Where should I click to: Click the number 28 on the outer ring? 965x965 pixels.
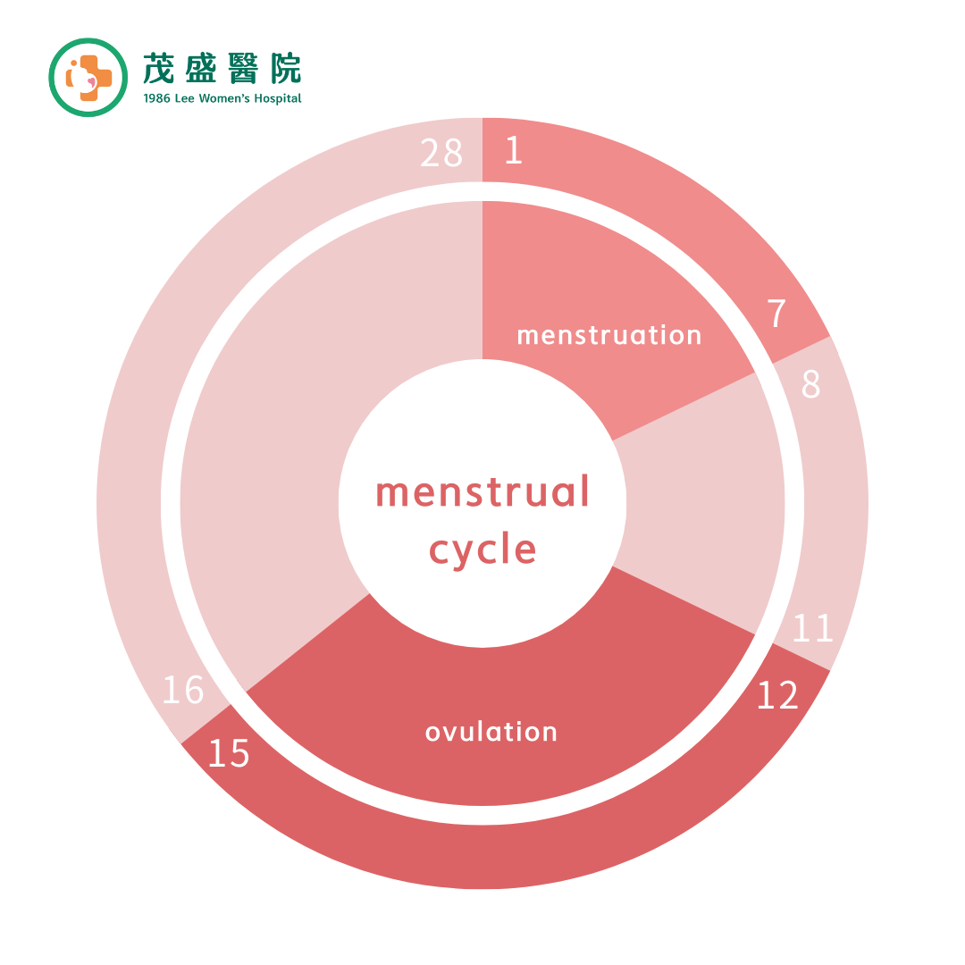point(441,153)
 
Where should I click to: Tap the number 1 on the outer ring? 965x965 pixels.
point(514,150)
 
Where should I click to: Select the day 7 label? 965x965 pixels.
point(776,314)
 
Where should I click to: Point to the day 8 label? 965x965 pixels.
point(811,384)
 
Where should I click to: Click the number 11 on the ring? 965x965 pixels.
point(812,628)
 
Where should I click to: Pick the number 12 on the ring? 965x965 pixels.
point(777,695)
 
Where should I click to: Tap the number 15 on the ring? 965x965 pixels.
point(229,753)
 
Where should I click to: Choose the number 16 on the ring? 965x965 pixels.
point(183,689)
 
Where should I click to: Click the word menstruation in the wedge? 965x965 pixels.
point(609,335)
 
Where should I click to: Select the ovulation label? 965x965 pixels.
point(491,732)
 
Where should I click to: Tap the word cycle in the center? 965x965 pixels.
point(482,550)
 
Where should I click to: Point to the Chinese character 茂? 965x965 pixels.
point(158,68)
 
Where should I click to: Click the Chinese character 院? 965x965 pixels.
point(286,68)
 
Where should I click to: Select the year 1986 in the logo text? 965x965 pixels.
point(156,98)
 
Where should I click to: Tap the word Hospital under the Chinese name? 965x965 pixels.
point(278,98)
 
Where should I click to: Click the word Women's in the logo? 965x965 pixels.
point(224,98)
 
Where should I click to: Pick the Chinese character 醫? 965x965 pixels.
point(243,68)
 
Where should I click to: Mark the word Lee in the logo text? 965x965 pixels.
point(185,98)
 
